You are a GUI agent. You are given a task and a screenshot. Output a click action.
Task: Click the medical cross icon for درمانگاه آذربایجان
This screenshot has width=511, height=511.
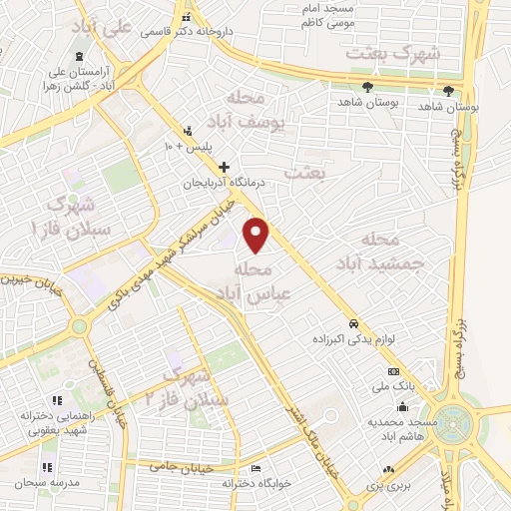click(224, 167)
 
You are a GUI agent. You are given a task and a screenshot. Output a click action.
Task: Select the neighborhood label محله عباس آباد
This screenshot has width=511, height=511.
click(253, 281)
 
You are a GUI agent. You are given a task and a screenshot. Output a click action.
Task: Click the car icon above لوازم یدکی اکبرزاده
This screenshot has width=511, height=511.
click(353, 324)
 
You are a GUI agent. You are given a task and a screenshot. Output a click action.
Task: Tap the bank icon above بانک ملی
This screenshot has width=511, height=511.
click(392, 371)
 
